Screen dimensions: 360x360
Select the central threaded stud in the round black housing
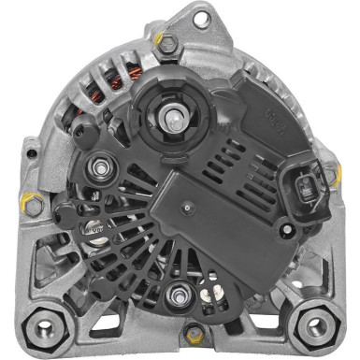(x=175, y=118)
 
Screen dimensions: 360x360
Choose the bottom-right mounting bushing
(x=317, y=325)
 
